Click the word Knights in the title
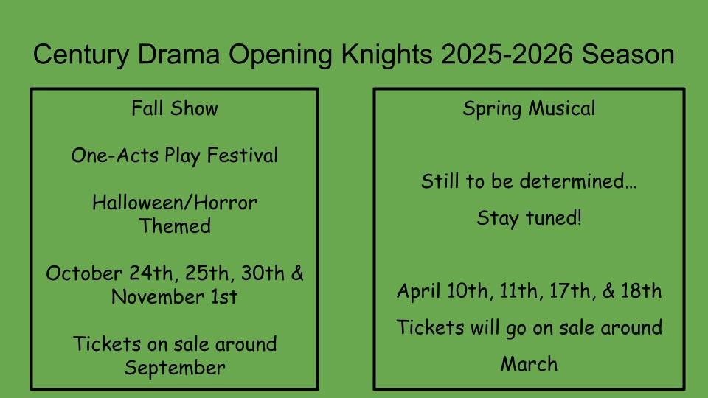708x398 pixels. tap(386, 55)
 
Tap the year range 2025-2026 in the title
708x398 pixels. tap(507, 54)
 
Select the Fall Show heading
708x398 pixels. tap(175, 108)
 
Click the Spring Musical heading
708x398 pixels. tap(529, 109)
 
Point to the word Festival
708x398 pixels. tap(243, 156)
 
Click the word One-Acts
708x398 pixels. tap(115, 156)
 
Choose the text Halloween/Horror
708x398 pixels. tap(175, 203)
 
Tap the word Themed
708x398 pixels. tap(175, 226)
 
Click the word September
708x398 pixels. tap(175, 369)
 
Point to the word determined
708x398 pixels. tap(578, 181)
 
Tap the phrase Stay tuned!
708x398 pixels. tap(529, 218)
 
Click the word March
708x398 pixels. tap(529, 364)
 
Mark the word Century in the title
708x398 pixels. tap(81, 55)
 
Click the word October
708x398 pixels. tap(84, 273)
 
